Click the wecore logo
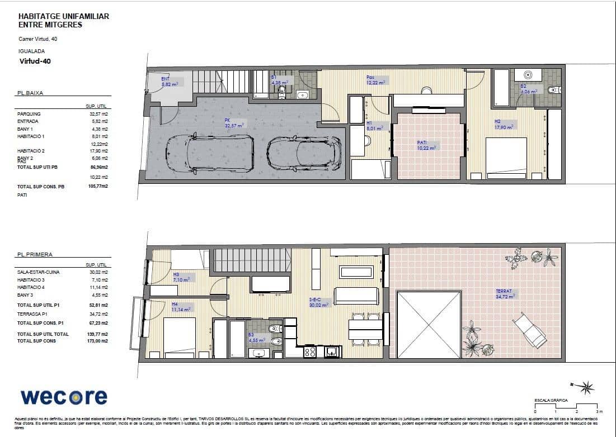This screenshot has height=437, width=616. (x=64, y=397)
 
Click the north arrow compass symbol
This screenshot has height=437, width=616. (x=586, y=387)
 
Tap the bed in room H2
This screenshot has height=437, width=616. (x=506, y=158)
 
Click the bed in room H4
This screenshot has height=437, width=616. (x=179, y=337)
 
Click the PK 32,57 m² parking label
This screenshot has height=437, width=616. (x=234, y=123)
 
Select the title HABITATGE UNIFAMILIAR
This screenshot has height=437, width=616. (x=63, y=17)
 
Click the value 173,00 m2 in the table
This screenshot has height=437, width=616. (x=97, y=341)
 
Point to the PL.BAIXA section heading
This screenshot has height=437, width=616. (x=30, y=94)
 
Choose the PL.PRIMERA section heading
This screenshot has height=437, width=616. (x=35, y=254)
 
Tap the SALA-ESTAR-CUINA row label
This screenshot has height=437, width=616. (x=39, y=272)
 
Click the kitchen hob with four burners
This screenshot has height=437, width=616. (x=310, y=352)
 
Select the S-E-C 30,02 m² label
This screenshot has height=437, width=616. (x=319, y=302)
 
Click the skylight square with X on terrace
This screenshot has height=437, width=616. (x=429, y=324)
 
